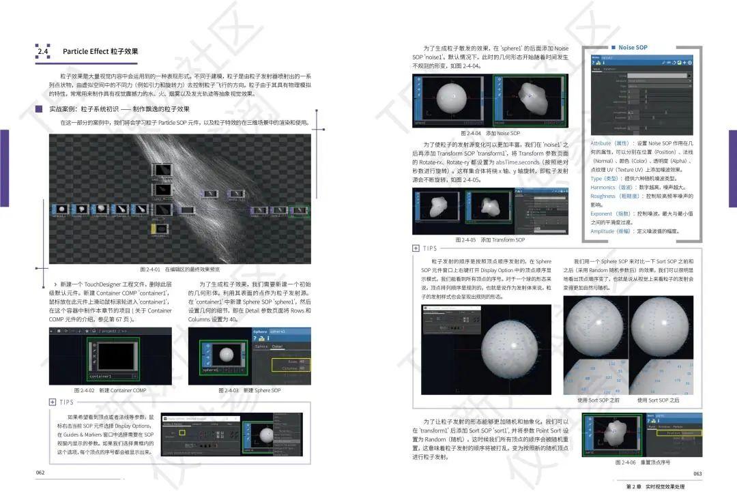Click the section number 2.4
43,51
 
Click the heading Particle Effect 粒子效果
100,51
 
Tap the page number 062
40,472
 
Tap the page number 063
697,473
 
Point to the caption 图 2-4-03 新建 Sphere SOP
249,390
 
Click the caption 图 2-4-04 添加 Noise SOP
489,133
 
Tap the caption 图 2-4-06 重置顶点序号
644,462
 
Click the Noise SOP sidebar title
633,48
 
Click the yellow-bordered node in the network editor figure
159,230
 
